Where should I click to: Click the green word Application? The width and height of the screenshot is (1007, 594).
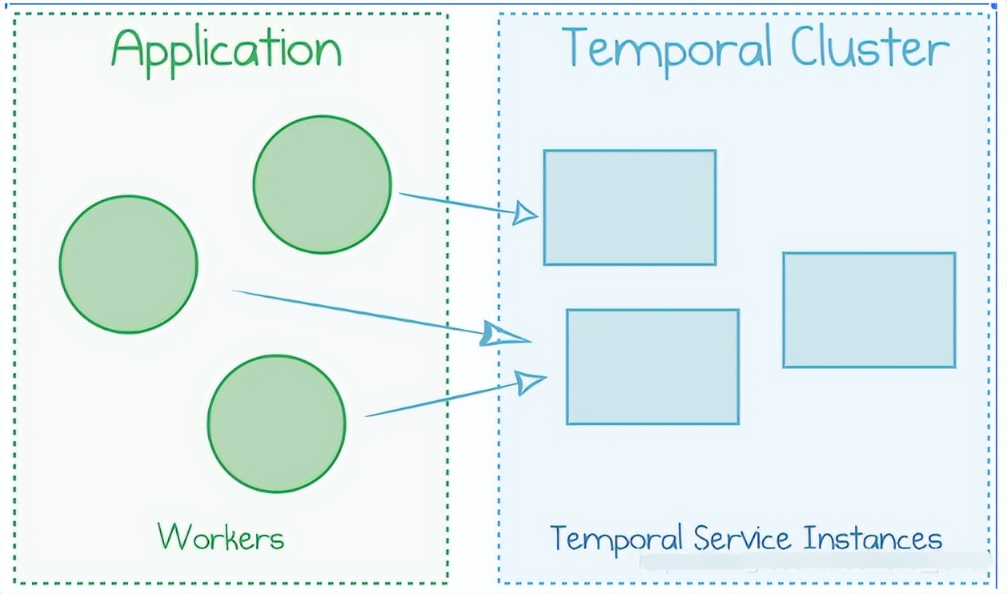[x=227, y=53]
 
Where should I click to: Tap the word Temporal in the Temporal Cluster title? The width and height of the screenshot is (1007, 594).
[x=666, y=50]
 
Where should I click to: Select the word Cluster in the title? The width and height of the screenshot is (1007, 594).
[x=870, y=46]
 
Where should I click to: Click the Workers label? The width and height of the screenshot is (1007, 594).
[x=221, y=536]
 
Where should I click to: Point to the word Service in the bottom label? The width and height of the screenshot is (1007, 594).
[x=742, y=538]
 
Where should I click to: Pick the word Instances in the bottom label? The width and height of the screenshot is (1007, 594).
[x=873, y=538]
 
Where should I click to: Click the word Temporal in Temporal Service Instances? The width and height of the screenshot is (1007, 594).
[x=616, y=540]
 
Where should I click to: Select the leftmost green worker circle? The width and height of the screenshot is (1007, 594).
[x=129, y=264]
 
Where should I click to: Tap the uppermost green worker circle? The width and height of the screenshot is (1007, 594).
[x=323, y=185]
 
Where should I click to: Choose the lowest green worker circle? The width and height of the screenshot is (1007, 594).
[x=276, y=424]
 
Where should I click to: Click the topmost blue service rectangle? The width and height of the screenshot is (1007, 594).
[x=630, y=207]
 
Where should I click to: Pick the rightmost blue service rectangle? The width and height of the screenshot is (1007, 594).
[x=869, y=311]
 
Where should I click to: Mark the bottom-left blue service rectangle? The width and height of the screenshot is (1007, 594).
[x=652, y=367]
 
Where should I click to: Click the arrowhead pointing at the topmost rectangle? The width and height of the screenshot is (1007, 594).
[x=525, y=213]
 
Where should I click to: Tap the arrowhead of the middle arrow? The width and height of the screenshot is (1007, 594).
[x=503, y=335]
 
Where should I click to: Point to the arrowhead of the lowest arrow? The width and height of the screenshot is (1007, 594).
[x=531, y=382]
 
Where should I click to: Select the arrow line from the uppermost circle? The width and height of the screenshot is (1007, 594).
[x=458, y=203]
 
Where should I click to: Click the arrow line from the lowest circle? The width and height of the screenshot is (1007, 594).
[x=441, y=399]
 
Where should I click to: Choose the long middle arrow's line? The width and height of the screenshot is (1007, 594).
[x=359, y=312]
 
